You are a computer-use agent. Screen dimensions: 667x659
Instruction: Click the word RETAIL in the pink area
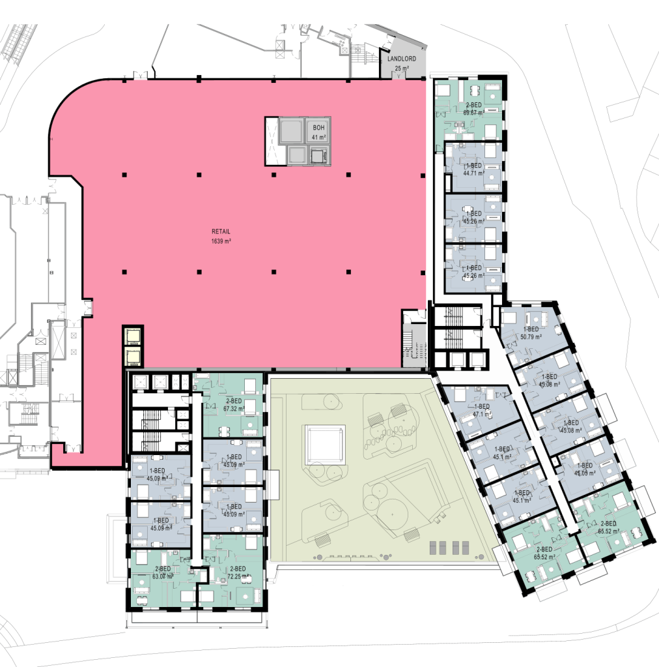tap(221, 231)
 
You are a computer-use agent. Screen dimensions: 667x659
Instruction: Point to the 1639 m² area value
tap(221, 241)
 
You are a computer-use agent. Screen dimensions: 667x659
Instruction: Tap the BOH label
tap(318, 127)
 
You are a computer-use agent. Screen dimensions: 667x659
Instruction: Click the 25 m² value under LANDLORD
tap(401, 68)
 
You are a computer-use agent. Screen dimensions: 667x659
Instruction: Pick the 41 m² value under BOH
tap(318, 137)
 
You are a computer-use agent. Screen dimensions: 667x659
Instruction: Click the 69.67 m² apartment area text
tap(473, 113)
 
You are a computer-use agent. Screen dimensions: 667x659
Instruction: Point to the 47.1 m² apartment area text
tap(481, 414)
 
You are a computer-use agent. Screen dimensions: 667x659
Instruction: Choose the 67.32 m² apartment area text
tap(233, 409)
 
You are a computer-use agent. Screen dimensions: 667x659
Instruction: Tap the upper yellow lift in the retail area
tap(133, 336)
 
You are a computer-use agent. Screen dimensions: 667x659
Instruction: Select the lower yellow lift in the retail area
tap(133, 356)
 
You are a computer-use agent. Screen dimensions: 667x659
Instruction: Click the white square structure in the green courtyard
tap(325, 445)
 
